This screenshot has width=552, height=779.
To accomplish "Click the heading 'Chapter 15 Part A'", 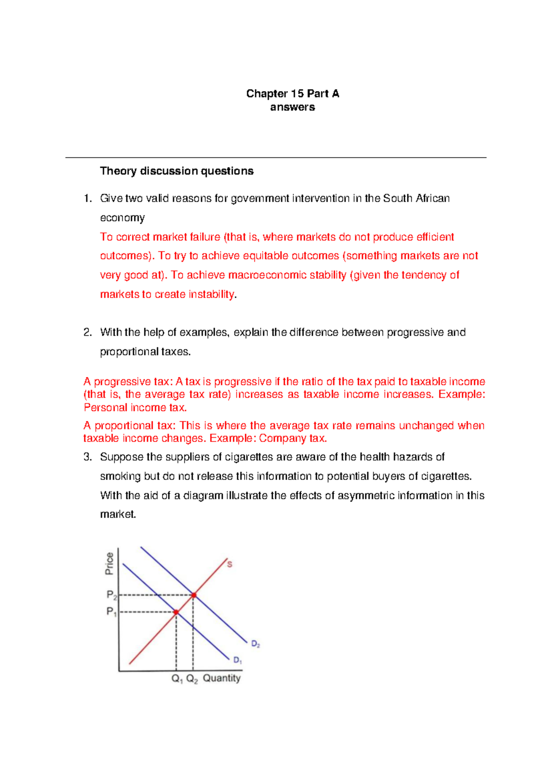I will tap(293, 94).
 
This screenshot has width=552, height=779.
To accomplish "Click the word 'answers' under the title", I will tap(293, 107).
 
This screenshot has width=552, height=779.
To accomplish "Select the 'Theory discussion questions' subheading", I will tap(177, 171).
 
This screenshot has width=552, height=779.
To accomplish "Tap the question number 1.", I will tap(87, 198).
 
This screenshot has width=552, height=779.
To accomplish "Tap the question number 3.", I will tap(87, 457).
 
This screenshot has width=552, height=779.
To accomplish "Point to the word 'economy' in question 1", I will tap(122, 218).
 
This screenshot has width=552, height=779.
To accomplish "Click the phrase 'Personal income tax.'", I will tap(135, 407).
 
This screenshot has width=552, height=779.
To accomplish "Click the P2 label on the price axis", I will tap(112, 595).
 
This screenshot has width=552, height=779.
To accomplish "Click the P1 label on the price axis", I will tap(111, 612).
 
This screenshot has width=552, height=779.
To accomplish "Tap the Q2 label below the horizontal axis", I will tap(192, 678).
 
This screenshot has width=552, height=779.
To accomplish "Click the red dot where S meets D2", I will tap(194, 595).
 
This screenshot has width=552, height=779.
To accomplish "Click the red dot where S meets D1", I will tap(176, 612).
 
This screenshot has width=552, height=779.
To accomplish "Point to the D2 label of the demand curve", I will tap(255, 644).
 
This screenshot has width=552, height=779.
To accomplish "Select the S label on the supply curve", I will tap(230, 564).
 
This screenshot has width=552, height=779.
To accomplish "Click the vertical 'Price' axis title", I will tap(109, 564).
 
